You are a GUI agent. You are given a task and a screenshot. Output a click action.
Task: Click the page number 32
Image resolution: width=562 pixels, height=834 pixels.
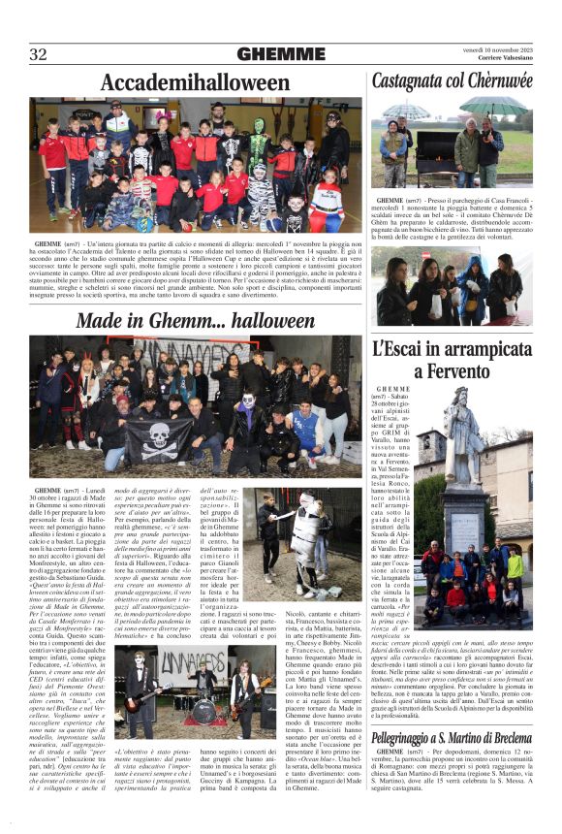coord(38,54)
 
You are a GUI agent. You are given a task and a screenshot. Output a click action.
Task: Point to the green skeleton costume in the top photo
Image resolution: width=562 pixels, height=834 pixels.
coord(258,145)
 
